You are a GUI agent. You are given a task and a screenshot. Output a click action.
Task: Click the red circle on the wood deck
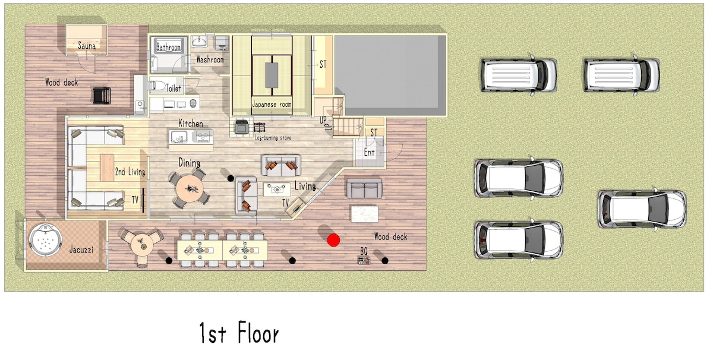pyautogui.click(x=333, y=240)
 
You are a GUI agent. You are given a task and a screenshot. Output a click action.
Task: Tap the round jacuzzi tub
pyautogui.click(x=45, y=240)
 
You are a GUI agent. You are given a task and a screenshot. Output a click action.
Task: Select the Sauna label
pyautogui.click(x=87, y=46)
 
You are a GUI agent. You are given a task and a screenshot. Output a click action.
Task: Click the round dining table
pyautogui.click(x=190, y=188)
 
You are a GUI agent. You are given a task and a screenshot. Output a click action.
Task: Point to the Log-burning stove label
pyautogui.click(x=273, y=138)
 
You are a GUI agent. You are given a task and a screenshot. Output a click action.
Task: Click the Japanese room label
pyautogui.click(x=272, y=104)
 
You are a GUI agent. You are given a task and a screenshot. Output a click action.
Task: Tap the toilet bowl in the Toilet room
pyautogui.click(x=157, y=86)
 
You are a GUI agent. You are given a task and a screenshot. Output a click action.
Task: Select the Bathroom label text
pyautogui.click(x=168, y=48)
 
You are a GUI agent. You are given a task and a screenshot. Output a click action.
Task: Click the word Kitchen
pyautogui.click(x=191, y=123)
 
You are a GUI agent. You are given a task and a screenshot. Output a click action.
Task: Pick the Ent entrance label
pyautogui.click(x=369, y=153)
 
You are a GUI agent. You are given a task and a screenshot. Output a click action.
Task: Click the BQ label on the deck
pyautogui.click(x=364, y=251)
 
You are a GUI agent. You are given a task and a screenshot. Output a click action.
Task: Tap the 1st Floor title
pyautogui.click(x=239, y=333)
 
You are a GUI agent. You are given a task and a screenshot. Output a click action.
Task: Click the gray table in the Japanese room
pyautogui.click(x=272, y=75)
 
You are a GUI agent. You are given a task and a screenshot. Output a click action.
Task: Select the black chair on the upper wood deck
pyautogui.click(x=102, y=96)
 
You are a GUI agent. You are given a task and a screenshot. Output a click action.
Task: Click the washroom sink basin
pyautogui.click(x=200, y=42)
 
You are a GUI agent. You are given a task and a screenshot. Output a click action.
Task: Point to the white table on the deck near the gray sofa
pyautogui.click(x=364, y=214)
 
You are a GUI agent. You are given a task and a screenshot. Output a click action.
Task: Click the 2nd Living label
pyautogui.click(x=130, y=172)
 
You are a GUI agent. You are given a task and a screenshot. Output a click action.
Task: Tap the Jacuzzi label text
pyautogui.click(x=81, y=250)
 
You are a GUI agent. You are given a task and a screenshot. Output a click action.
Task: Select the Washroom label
pyautogui.click(x=210, y=59)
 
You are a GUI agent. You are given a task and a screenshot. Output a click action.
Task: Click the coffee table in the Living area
pyautogui.click(x=277, y=190)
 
